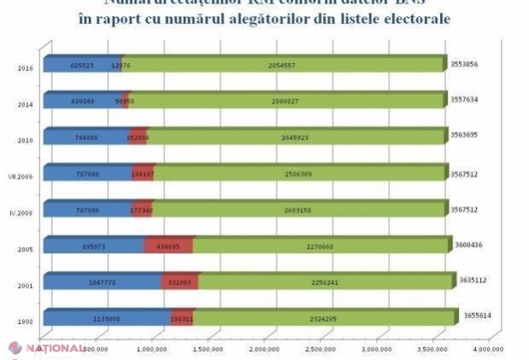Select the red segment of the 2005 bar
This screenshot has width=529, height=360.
168,245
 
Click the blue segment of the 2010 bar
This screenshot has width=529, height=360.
85,137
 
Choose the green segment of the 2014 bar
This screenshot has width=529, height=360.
289,101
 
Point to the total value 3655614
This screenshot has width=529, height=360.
481,315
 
